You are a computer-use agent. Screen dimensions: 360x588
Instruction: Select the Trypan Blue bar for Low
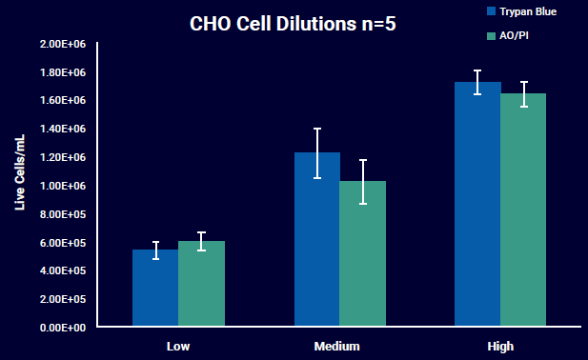point(155,289)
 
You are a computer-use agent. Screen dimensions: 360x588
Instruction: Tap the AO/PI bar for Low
point(201,285)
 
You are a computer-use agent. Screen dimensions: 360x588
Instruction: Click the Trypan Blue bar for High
point(477,205)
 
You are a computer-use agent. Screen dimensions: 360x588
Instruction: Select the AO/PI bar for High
point(523,210)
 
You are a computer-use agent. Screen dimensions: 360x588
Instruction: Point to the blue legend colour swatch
point(491,11)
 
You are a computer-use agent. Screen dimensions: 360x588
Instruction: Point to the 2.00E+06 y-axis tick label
point(63,45)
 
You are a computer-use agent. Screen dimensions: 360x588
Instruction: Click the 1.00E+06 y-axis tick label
point(63,186)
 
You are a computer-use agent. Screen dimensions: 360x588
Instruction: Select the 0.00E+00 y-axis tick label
point(63,327)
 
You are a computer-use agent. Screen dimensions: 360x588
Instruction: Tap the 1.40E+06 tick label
point(63,130)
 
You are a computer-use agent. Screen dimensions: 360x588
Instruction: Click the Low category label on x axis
point(178,346)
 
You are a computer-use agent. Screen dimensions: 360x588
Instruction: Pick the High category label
point(499,346)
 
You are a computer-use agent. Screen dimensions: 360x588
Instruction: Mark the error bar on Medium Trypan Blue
point(316,152)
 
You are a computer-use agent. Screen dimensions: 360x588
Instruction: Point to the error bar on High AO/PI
point(523,94)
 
